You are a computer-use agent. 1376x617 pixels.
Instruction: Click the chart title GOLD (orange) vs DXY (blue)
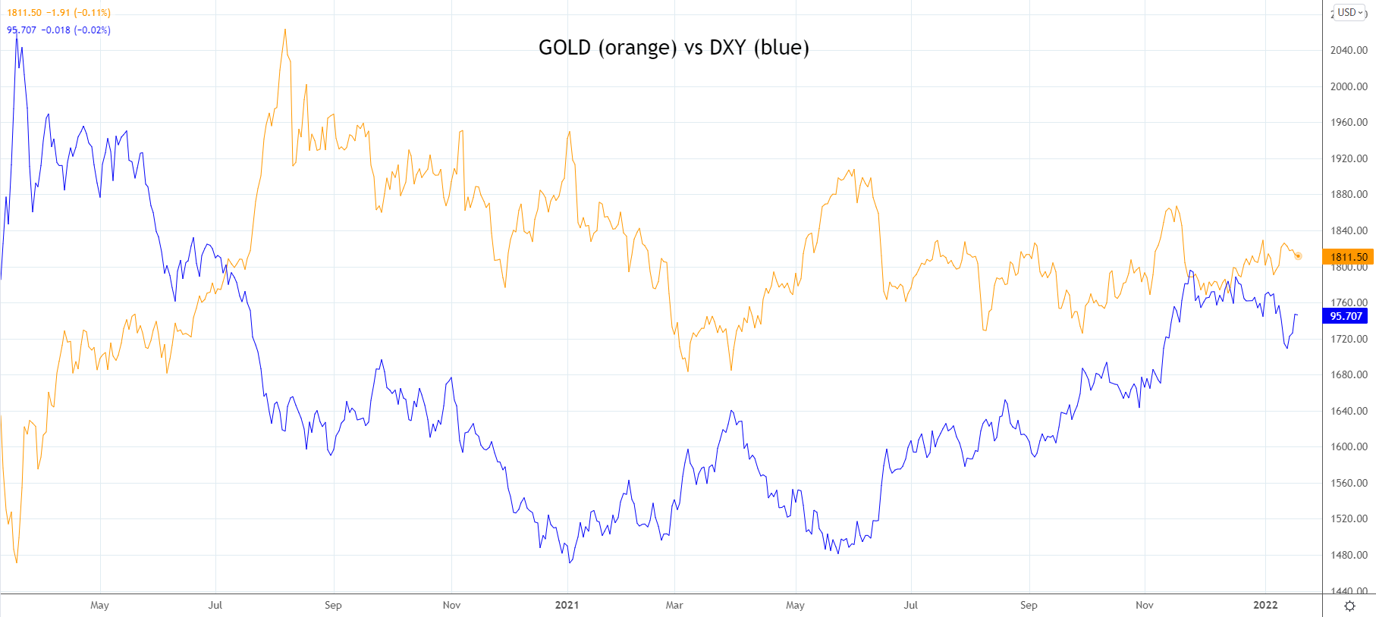pyautogui.click(x=674, y=48)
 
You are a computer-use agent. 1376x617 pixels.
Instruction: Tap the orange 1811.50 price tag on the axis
pyautogui.click(x=1348, y=257)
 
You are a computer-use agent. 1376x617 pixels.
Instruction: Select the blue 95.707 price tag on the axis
pyautogui.click(x=1346, y=316)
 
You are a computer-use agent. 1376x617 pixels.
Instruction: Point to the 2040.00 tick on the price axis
pyautogui.click(x=1349, y=50)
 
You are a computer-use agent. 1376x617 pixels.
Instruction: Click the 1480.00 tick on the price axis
pyautogui.click(x=1349, y=555)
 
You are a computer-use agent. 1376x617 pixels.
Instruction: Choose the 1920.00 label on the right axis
pyautogui.click(x=1349, y=158)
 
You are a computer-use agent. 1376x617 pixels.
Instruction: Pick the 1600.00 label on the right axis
pyautogui.click(x=1349, y=446)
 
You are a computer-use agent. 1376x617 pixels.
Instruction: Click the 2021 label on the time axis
pyautogui.click(x=567, y=605)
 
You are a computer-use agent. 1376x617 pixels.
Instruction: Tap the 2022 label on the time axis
pyautogui.click(x=1265, y=605)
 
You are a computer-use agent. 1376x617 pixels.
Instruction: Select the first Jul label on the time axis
pyautogui.click(x=215, y=605)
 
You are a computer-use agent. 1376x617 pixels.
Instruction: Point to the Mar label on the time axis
pyautogui.click(x=674, y=605)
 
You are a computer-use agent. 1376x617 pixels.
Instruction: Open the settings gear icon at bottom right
pyautogui.click(x=1349, y=606)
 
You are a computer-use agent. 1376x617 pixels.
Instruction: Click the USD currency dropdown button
pyautogui.click(x=1350, y=12)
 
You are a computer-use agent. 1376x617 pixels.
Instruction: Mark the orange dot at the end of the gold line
pyautogui.click(x=1298, y=256)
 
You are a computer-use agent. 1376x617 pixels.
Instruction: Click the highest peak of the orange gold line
pyautogui.click(x=285, y=30)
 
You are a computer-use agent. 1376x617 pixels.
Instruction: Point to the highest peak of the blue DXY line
pyautogui.click(x=16, y=33)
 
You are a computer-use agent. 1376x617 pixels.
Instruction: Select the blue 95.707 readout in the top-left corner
pyautogui.click(x=22, y=30)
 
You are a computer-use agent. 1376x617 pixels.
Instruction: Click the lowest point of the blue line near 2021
pyautogui.click(x=570, y=562)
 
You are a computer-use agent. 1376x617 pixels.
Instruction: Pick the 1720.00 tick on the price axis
pyautogui.click(x=1349, y=339)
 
